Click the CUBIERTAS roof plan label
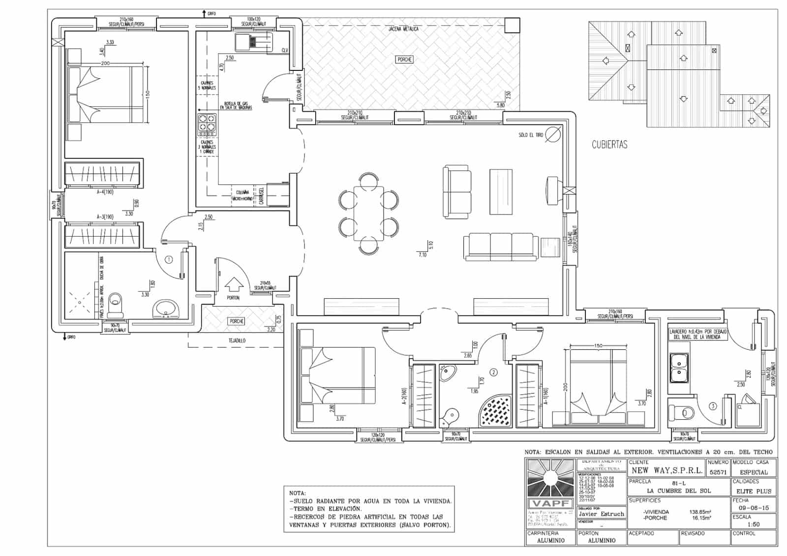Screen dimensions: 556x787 [x=609, y=145]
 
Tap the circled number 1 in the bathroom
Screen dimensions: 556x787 [x=169, y=259]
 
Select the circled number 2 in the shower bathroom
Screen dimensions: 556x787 [x=494, y=372]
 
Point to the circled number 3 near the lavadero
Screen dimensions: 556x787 [x=712, y=406]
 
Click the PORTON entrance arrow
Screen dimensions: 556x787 [x=234, y=285]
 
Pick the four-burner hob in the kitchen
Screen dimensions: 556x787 [x=207, y=124]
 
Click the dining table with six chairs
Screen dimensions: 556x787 [x=368, y=213]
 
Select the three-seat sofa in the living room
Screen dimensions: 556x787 [x=501, y=246]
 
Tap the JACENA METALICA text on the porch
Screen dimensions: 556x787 [x=403, y=29]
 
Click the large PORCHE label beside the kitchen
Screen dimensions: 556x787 [x=404, y=60]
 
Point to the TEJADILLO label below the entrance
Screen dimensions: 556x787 [x=237, y=340]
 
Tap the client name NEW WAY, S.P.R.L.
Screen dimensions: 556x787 [x=666, y=471]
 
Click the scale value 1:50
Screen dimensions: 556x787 [x=753, y=525]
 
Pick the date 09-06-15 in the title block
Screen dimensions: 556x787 [x=753, y=508]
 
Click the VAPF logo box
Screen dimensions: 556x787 [x=550, y=504]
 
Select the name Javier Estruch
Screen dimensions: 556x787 [x=601, y=514]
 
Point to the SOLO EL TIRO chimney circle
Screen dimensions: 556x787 [x=553, y=133]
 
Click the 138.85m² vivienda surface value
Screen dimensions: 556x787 [x=700, y=512]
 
